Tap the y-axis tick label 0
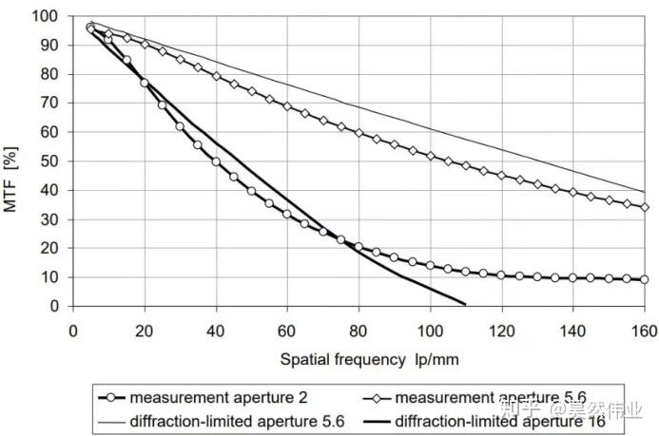coord(54,307)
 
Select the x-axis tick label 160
coord(645,331)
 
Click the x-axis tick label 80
coord(359,331)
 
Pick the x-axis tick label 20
coord(145,331)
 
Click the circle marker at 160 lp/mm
coord(645,279)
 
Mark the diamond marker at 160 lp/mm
coord(645,207)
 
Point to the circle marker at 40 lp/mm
coord(216,162)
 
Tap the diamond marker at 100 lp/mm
coord(430,156)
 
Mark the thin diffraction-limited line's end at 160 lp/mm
coord(645,192)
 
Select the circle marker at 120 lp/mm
coord(501,275)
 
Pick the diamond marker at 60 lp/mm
coord(287,106)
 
